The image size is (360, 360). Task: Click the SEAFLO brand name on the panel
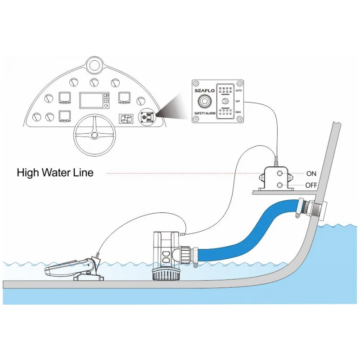(204, 90)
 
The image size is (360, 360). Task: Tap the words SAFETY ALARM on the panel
(206, 113)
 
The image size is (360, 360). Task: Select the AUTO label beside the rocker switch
(239, 90)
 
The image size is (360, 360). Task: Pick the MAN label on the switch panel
(238, 112)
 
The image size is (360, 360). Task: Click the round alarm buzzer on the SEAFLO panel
(207, 101)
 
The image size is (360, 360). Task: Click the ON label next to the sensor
(311, 174)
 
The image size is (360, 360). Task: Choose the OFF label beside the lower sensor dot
(311, 185)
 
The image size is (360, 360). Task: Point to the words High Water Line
(55, 172)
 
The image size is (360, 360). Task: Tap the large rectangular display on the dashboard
(94, 100)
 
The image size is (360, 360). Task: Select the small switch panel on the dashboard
(146, 117)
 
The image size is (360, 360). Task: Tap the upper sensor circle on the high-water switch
(280, 174)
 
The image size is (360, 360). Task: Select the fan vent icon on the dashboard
(125, 119)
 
